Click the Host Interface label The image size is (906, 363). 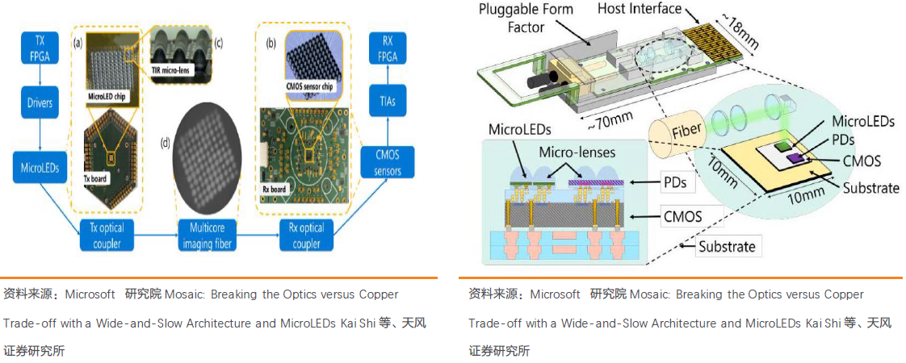638,9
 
